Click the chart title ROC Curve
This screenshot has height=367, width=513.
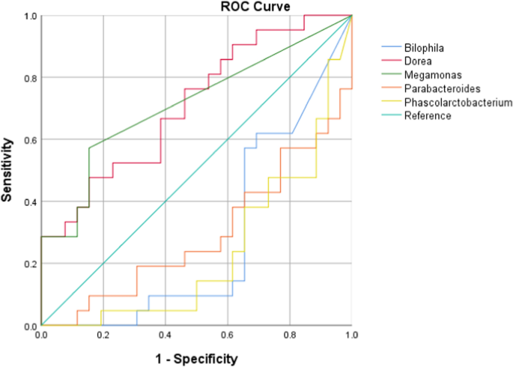click(250, 7)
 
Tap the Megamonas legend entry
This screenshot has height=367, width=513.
click(428, 73)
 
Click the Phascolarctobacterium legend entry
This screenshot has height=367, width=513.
click(458, 102)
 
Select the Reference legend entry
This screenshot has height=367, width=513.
click(427, 115)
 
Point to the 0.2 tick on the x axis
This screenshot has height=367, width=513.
click(103, 334)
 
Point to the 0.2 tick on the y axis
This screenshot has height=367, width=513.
click(30, 264)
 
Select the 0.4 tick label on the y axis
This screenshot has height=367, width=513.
click(30, 201)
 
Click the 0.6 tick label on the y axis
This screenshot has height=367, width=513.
click(30, 139)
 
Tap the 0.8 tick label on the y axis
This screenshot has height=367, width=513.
click(30, 77)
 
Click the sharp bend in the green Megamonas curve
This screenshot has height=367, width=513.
click(89, 148)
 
